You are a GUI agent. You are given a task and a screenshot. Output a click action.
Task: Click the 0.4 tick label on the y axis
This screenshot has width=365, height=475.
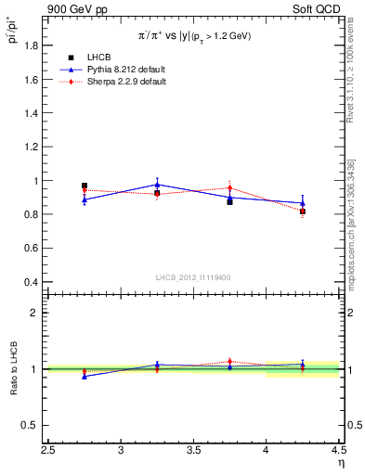30,282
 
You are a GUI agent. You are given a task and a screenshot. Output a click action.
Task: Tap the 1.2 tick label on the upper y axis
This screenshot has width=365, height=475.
30,148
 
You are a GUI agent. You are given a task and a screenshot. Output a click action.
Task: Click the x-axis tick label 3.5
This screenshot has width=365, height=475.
193,451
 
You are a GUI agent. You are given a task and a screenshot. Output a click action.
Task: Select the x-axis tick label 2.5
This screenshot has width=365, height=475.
49,451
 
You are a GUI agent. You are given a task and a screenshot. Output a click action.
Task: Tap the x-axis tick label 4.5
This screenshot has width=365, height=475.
337,451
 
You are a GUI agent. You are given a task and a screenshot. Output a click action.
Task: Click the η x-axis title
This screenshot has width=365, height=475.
340,463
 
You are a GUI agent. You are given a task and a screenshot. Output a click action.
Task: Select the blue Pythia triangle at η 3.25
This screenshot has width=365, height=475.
157,184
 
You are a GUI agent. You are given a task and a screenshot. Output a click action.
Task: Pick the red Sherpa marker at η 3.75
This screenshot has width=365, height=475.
229,188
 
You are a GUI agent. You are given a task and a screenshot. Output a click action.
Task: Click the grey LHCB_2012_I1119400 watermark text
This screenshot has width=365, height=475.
193,276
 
